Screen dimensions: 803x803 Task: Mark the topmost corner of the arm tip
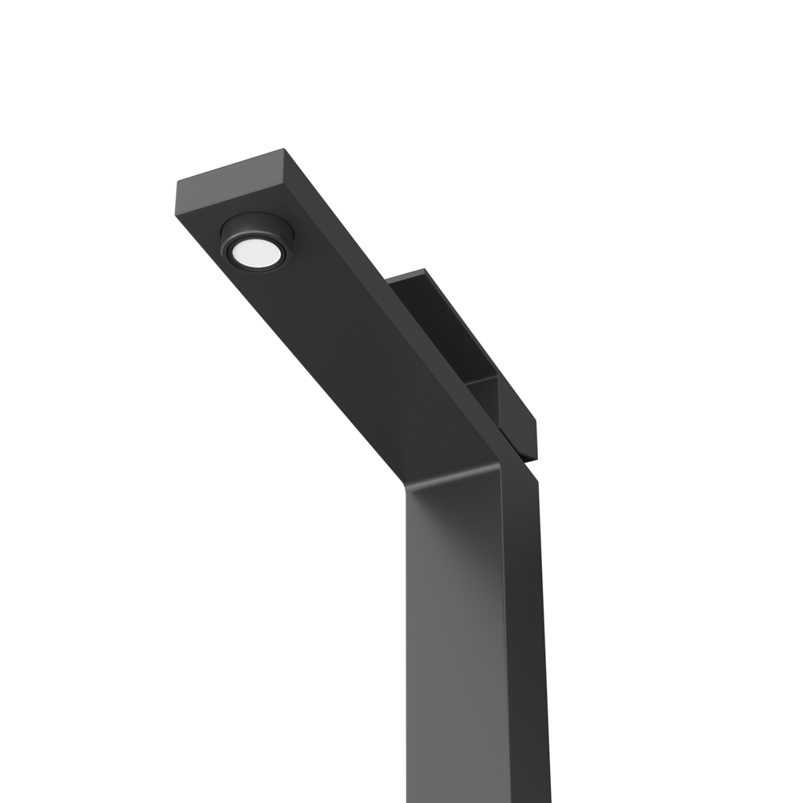click(283, 149)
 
